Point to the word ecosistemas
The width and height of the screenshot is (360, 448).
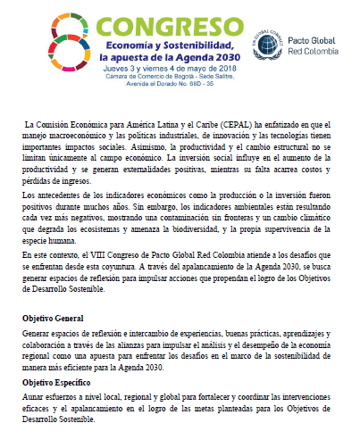click(127, 228)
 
